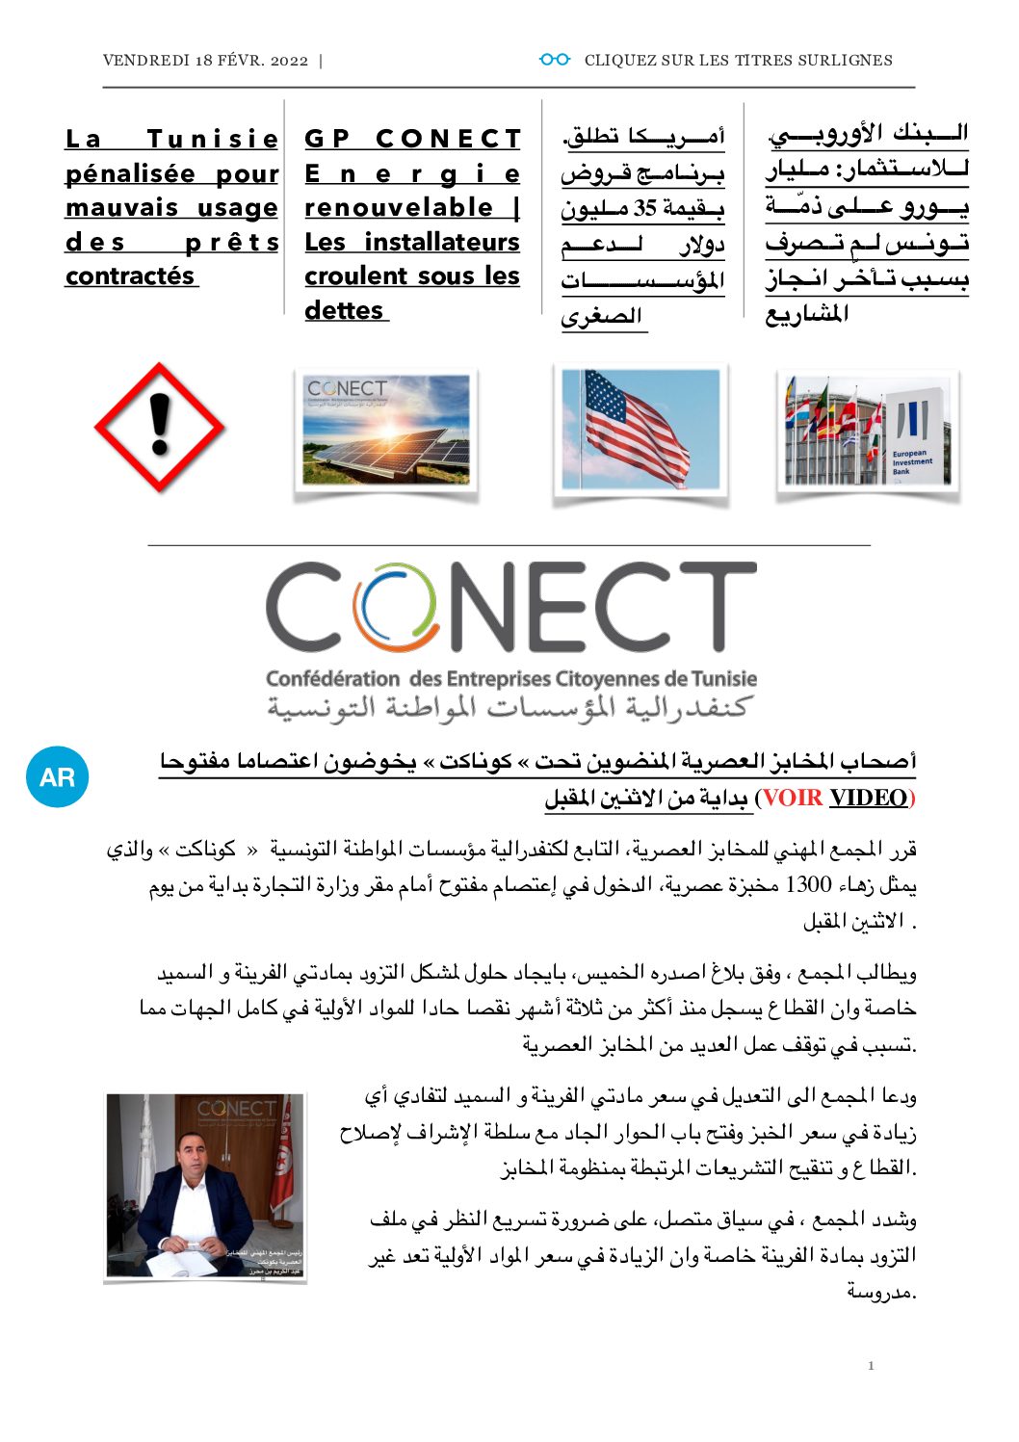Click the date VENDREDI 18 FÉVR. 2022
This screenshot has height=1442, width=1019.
click(205, 61)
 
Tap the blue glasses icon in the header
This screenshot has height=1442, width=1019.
click(554, 60)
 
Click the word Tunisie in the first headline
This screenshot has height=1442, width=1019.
click(213, 139)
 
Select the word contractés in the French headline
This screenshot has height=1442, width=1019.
click(130, 276)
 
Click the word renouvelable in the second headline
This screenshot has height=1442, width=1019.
click(399, 208)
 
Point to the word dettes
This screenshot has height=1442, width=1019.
click(344, 311)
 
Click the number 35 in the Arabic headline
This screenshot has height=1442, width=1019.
click(644, 209)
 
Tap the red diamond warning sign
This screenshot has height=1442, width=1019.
click(159, 428)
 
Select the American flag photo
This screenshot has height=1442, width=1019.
click(640, 430)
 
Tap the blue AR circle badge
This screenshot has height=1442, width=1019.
click(58, 776)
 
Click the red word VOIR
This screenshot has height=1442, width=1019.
click(793, 799)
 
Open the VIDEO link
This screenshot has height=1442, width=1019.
click(868, 799)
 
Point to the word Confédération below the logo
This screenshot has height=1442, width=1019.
click(332, 679)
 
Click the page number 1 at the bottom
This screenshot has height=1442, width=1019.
click(871, 1365)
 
